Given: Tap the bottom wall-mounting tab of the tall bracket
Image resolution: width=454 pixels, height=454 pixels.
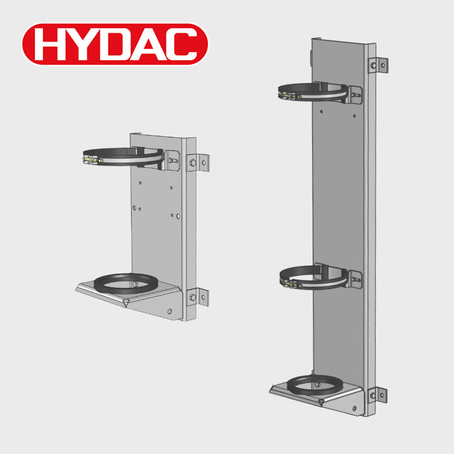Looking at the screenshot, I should pos(378,394).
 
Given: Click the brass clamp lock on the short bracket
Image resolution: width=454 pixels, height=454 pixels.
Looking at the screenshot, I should pos(93,160).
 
